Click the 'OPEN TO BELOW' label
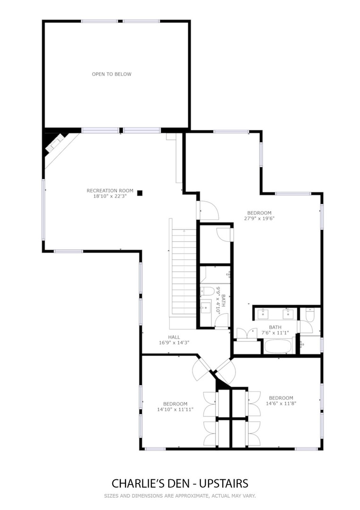click(111, 74)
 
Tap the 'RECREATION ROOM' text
click(110, 191)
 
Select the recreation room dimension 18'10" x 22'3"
click(110, 196)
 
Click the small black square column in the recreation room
click(140, 193)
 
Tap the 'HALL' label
click(174, 337)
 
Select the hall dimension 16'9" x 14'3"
click(174, 342)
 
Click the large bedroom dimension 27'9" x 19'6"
click(260, 219)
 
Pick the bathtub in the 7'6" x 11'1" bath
click(278, 347)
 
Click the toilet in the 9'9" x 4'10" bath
click(207, 291)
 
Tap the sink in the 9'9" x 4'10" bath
click(205, 307)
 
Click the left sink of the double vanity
click(262, 314)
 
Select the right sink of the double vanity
click(287, 314)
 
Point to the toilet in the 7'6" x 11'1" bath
click(310, 315)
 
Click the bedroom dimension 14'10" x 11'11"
click(175, 409)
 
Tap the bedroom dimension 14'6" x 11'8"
click(281, 404)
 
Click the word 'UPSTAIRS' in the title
click(224, 484)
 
